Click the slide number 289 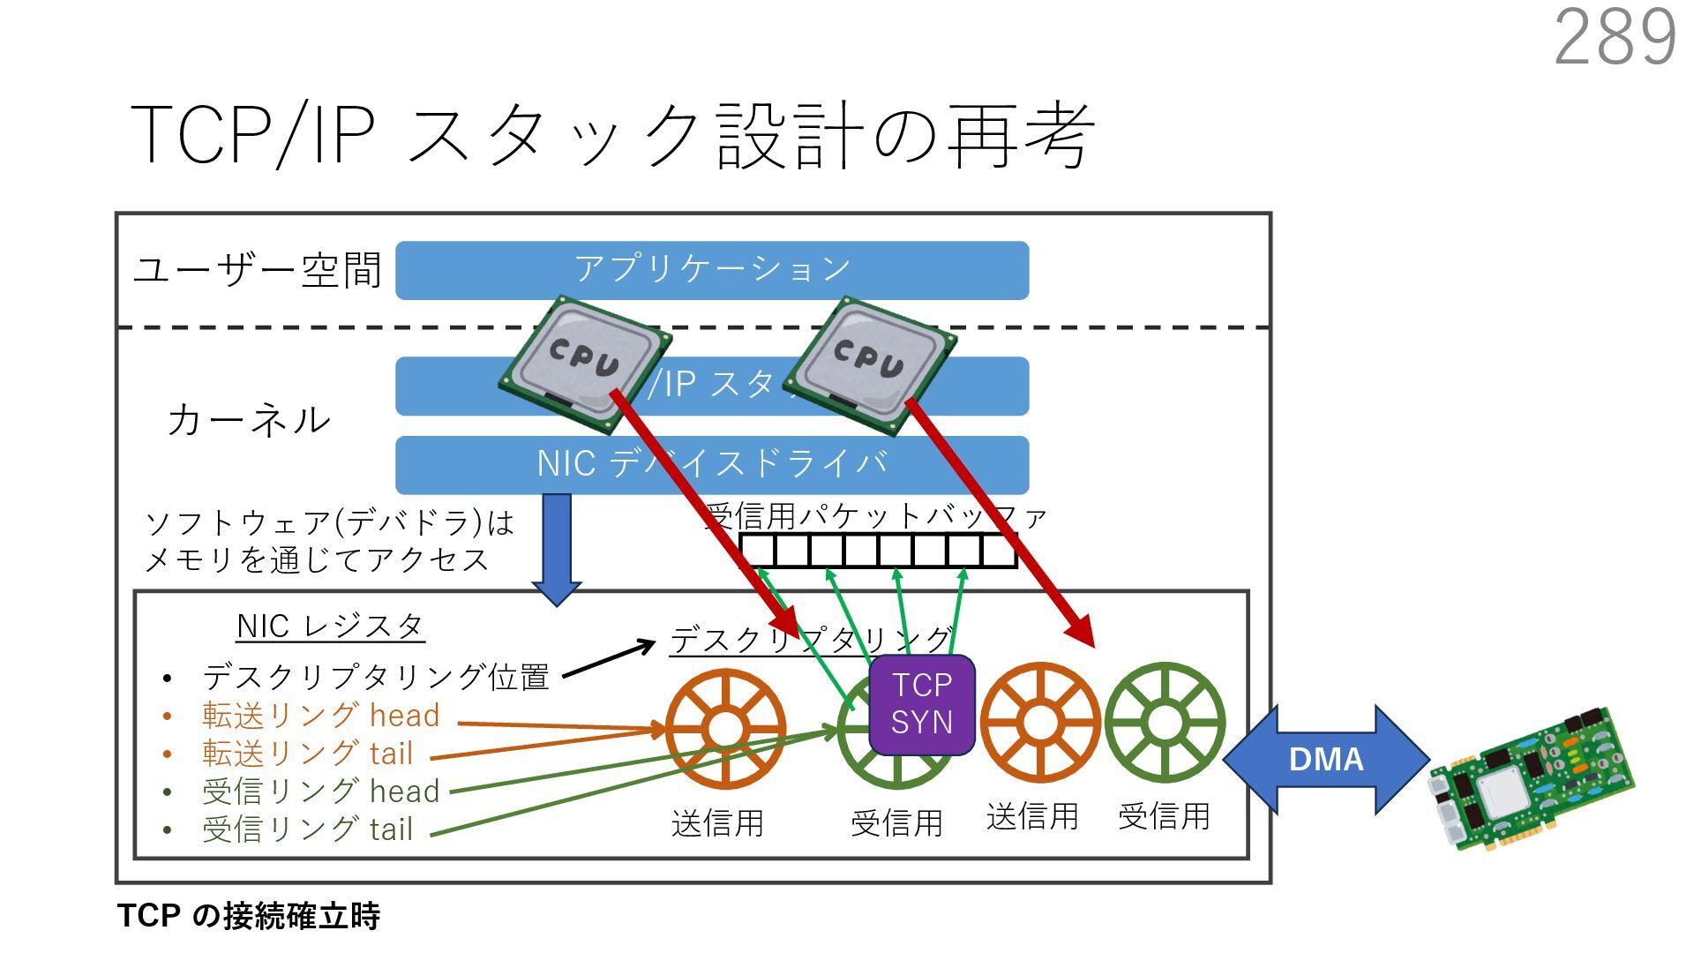pyautogui.click(x=1615, y=37)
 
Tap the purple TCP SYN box pyautogui.click(x=922, y=705)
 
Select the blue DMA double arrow pyautogui.click(x=1326, y=759)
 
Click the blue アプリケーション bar pyautogui.click(x=711, y=269)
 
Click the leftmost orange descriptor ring pyautogui.click(x=725, y=727)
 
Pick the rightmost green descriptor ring pyautogui.click(x=1165, y=723)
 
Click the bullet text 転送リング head pyautogui.click(x=320, y=716)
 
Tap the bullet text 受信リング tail pyautogui.click(x=307, y=829)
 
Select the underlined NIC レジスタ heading pyautogui.click(x=330, y=627)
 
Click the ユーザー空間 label pyautogui.click(x=257, y=270)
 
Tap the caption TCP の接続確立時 pyautogui.click(x=248, y=916)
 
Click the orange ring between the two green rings pyautogui.click(x=1040, y=723)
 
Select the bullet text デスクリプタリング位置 pyautogui.click(x=375, y=677)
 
